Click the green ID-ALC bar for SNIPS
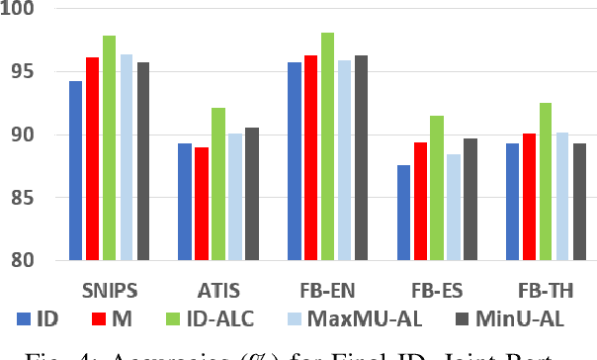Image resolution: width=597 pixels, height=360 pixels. (x=109, y=148)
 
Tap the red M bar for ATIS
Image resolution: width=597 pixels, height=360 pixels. (x=202, y=204)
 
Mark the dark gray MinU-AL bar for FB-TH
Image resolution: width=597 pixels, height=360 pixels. (x=579, y=202)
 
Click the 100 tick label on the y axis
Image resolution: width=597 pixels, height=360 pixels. (x=19, y=10)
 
